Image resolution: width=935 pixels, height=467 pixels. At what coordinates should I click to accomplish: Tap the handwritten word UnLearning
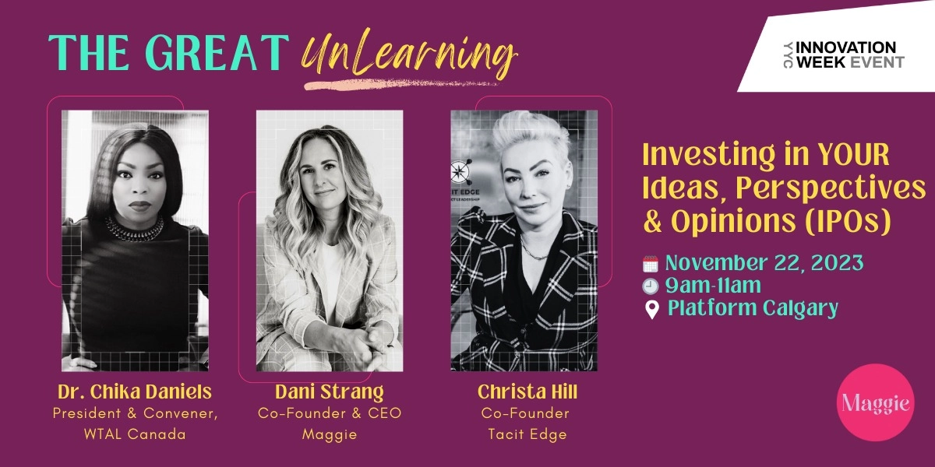tap(408, 54)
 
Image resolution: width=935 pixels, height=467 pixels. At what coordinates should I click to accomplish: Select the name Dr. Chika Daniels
tap(134, 392)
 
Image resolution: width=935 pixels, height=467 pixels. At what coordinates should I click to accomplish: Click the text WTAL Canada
tap(134, 434)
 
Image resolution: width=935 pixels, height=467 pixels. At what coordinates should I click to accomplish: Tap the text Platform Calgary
tap(753, 308)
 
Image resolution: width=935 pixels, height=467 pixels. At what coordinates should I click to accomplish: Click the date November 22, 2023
tap(764, 263)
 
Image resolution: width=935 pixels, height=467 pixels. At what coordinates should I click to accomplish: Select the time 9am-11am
tap(712, 286)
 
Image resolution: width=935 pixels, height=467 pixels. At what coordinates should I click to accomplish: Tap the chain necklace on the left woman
tap(134, 228)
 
